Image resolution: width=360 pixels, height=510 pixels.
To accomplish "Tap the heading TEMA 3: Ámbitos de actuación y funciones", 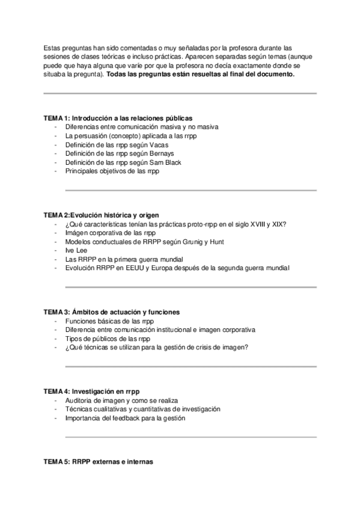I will tap(111, 312).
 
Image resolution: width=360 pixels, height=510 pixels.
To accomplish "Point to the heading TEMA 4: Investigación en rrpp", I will tap(96, 392).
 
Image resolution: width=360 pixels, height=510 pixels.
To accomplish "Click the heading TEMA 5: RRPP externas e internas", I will tap(99, 462).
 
